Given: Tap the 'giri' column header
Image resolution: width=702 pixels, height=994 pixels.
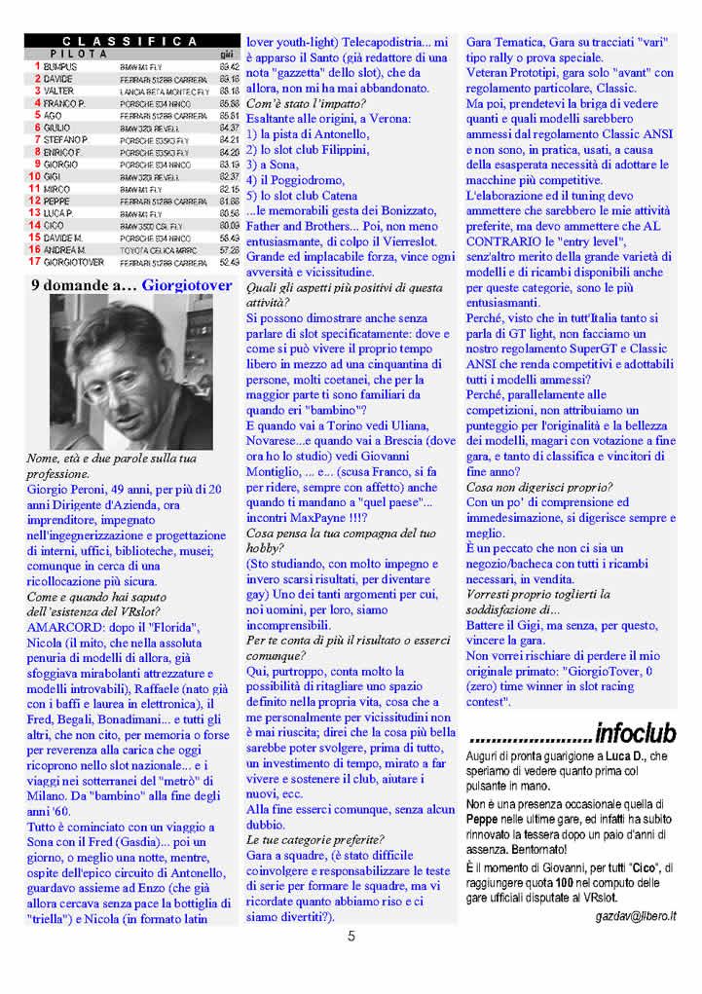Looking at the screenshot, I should click(x=227, y=55).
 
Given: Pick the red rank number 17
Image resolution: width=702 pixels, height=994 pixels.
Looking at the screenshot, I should click(x=34, y=261).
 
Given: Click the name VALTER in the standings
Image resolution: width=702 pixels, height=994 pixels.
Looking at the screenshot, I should click(x=58, y=91).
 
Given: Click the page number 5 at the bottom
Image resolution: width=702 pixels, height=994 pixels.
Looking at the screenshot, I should click(x=351, y=938).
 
